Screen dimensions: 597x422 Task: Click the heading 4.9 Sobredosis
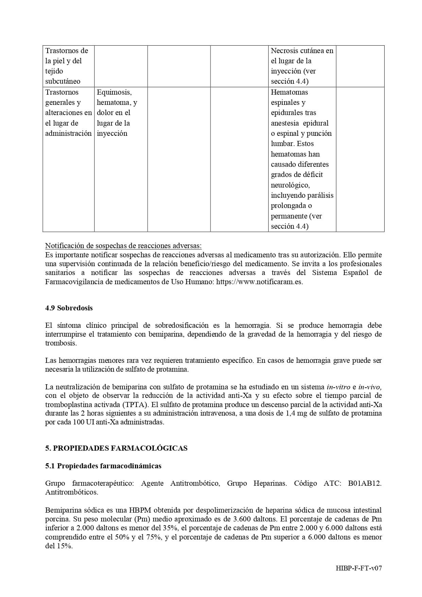point(69,308)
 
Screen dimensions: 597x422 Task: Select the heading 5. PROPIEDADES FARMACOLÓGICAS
point(116,448)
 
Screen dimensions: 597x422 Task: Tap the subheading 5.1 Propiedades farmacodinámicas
point(103,466)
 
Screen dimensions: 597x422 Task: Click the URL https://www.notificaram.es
point(259,282)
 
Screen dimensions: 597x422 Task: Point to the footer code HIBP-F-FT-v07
point(358,568)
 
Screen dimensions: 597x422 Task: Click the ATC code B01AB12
point(364,483)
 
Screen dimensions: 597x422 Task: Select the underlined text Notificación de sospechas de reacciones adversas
point(123,246)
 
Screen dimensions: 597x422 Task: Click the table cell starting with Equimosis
point(117,113)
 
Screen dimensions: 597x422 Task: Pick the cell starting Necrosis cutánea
point(302,66)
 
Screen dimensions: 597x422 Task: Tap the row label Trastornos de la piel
point(67,66)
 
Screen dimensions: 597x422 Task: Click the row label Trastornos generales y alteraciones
point(68,113)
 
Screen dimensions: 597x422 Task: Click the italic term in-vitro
point(338,387)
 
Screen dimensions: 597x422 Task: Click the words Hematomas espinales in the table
point(289,97)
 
